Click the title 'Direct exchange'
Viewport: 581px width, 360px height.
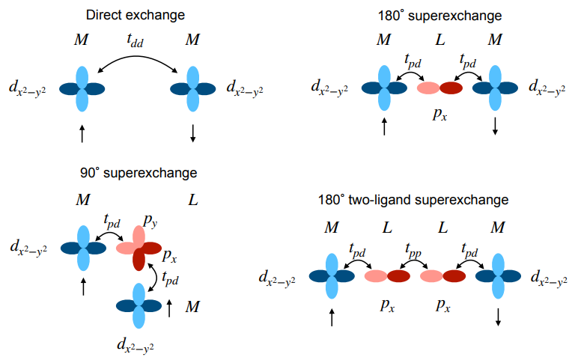pos(136,14)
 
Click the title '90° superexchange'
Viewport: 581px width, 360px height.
pos(139,173)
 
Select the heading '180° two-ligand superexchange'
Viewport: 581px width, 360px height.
pos(414,200)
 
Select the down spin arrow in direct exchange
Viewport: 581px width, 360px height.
pos(193,133)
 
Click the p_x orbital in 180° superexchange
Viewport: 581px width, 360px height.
pos(439,88)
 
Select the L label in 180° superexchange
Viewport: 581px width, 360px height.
pos(439,40)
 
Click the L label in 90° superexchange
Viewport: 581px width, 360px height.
pos(194,201)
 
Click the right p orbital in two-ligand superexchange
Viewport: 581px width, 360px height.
pos(442,275)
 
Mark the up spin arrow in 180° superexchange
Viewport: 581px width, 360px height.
pos(385,126)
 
